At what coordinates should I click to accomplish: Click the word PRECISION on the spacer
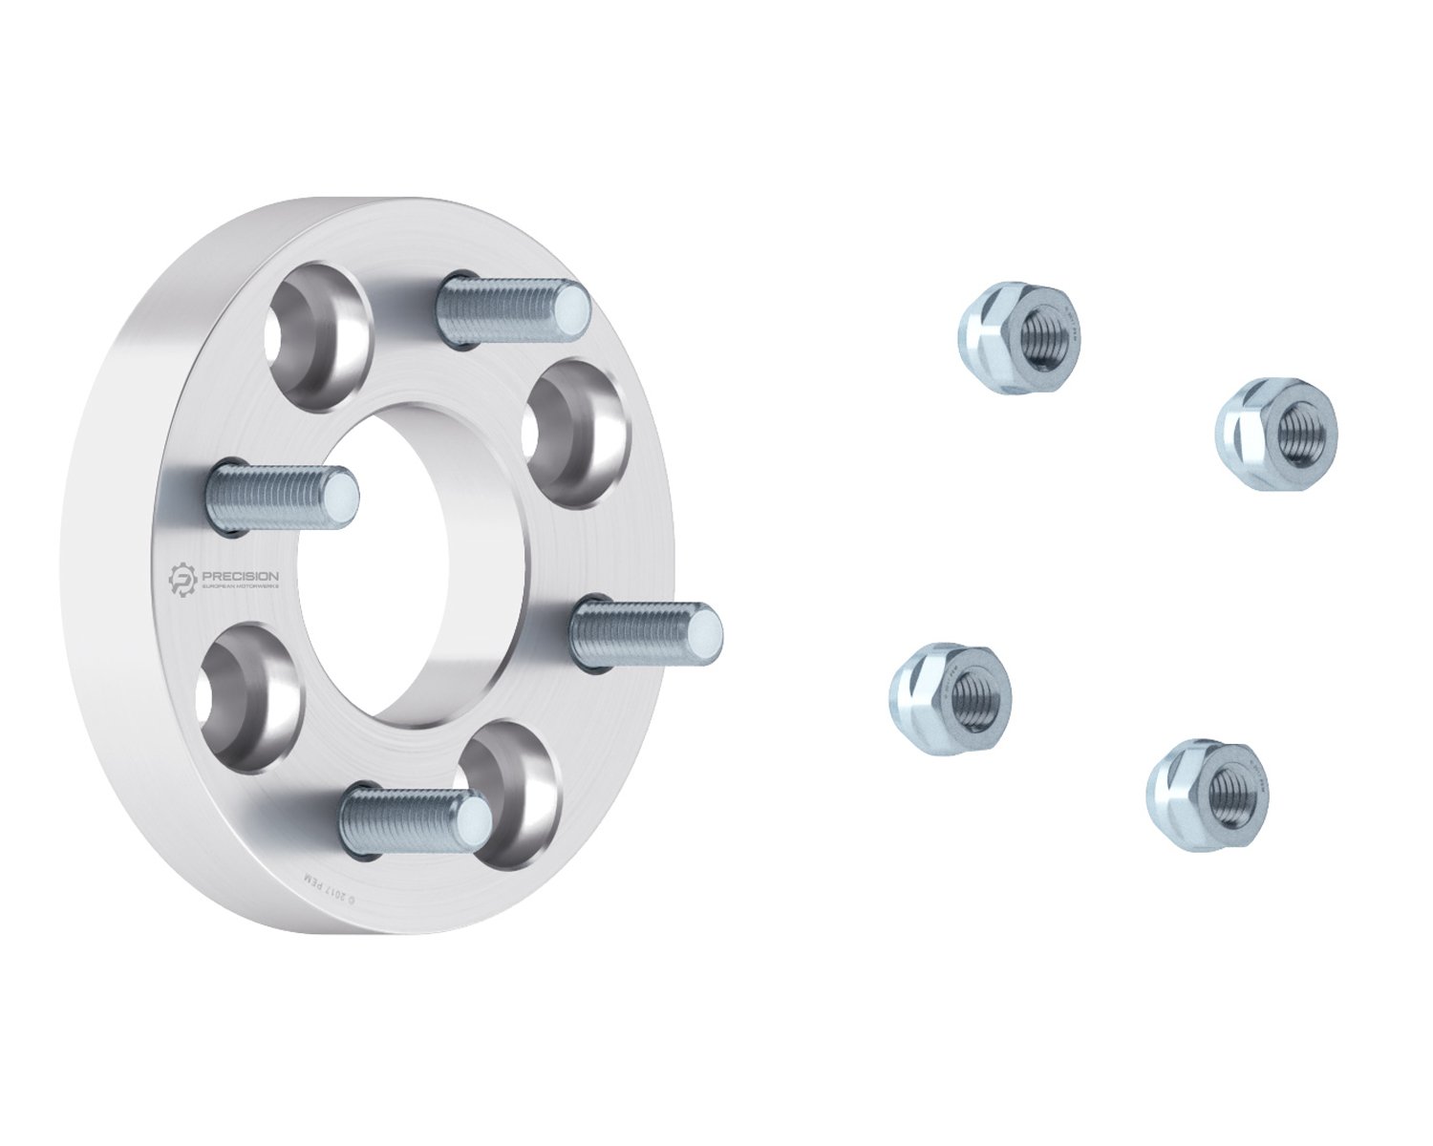(x=239, y=575)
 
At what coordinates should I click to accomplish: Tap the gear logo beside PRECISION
(x=182, y=580)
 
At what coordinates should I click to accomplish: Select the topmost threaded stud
(x=512, y=307)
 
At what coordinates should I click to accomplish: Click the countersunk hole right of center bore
(x=577, y=432)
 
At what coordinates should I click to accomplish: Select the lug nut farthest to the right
(x=1276, y=435)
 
